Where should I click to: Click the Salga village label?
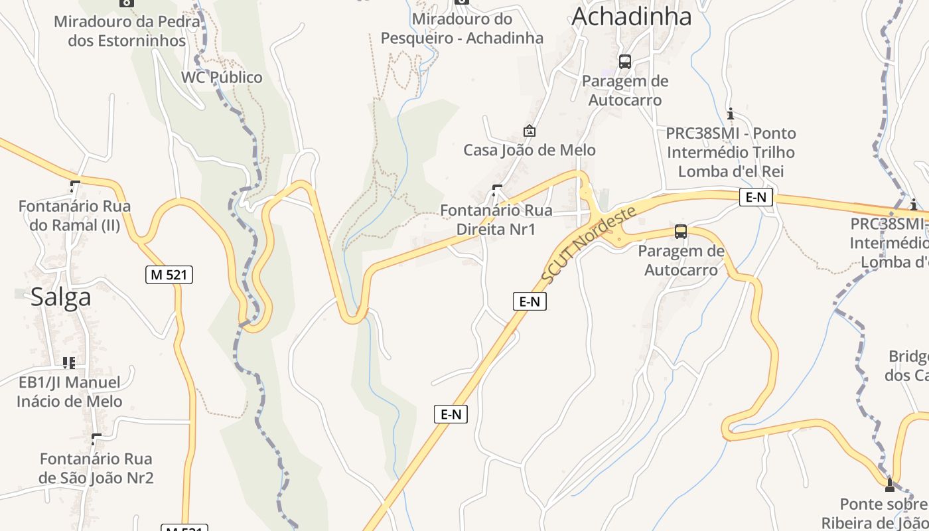60,297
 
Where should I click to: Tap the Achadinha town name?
631,17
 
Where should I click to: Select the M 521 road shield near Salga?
169,274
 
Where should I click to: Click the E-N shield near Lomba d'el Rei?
756,197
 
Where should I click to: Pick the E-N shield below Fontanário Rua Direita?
530,301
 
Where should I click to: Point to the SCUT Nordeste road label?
588,244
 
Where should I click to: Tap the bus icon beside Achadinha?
624,62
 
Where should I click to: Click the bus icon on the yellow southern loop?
681,232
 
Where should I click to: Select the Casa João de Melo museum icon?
529,131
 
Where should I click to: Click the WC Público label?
222,78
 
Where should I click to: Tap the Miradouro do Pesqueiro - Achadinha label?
462,29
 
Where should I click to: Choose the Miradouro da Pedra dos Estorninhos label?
126,31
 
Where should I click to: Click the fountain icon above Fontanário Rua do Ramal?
75,187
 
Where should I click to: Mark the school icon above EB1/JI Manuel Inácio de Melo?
69,362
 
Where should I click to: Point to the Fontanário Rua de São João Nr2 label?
96,468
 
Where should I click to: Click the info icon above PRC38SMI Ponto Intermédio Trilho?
731,114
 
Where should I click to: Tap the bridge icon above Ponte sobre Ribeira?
889,485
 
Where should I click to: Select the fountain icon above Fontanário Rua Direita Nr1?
496,191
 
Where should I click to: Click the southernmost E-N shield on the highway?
451,414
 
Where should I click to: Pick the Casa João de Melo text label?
530,150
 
